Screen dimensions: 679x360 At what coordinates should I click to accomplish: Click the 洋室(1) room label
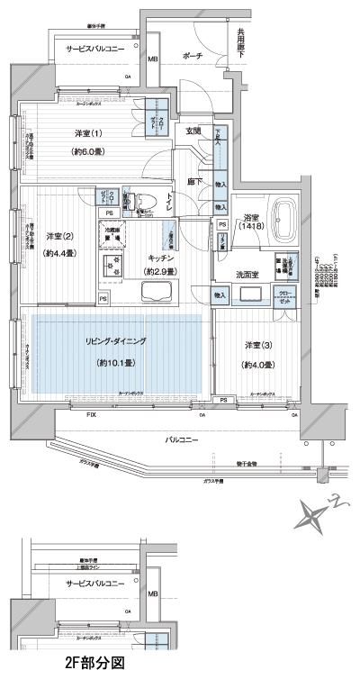(88, 134)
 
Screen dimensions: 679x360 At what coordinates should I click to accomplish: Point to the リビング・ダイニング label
(117, 342)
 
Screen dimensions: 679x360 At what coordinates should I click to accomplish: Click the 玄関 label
(193, 132)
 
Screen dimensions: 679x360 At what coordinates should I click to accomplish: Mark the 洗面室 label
(248, 274)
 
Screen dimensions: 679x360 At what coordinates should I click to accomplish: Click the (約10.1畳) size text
(116, 363)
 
